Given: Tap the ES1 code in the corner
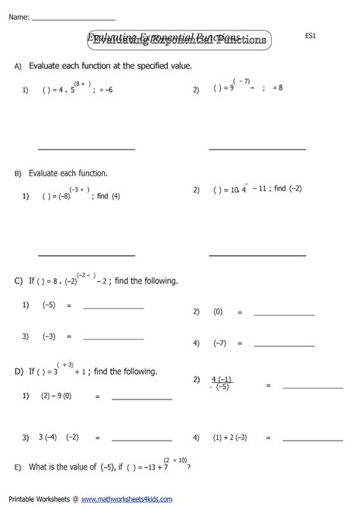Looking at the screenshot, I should pos(310,35).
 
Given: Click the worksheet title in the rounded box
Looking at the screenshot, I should pos(178,39).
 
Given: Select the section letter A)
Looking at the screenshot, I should pos(18,68).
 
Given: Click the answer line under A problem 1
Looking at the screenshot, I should pos(86,148).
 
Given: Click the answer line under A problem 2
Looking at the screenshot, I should pos(257,148).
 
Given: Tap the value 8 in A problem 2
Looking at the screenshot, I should pos(279,90).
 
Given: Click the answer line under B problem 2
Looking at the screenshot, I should pos(257,254).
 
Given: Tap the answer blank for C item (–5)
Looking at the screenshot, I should pos(112,308).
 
